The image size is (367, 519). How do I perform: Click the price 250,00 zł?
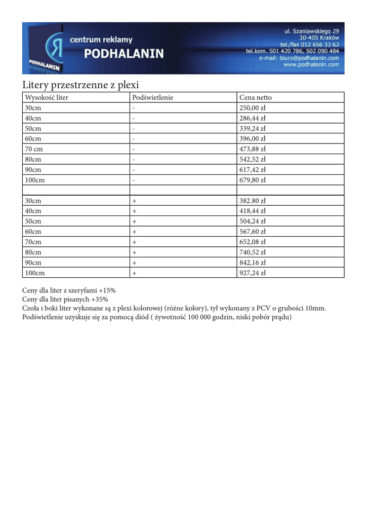252,108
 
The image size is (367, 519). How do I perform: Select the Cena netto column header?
256,97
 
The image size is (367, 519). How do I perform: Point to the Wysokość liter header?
47,97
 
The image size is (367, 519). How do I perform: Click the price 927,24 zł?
252,273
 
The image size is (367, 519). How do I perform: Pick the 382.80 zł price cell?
252,201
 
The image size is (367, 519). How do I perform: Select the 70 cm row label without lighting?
34,149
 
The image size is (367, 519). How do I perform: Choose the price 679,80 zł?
252,180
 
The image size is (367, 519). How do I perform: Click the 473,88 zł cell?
252,149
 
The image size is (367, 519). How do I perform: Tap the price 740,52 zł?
252,252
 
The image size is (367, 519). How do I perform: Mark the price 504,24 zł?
252,221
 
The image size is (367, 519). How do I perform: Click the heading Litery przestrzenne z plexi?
80,85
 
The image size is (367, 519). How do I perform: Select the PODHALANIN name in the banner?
124,54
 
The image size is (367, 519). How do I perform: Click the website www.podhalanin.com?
311,65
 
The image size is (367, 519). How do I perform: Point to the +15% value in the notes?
107,290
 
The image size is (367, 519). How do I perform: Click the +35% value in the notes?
100,300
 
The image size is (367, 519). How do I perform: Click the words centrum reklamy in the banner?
101,40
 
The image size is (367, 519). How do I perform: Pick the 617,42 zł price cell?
252,170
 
